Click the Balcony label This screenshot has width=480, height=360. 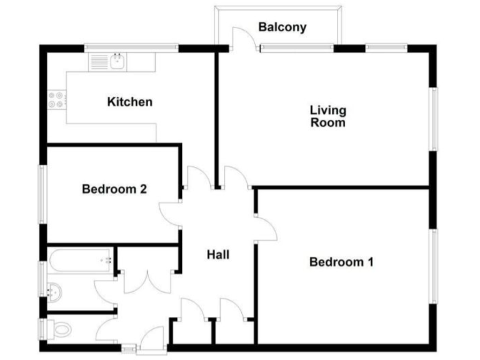point(282,27)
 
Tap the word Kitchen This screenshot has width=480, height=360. point(129,102)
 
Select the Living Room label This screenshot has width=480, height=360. point(328,117)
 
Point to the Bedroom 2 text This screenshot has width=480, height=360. point(114,189)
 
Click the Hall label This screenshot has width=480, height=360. point(218,254)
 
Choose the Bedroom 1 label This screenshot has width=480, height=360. point(341,262)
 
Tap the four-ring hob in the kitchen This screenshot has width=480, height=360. point(56,99)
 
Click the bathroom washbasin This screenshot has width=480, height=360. point(55,289)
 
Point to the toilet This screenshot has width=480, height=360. point(60,327)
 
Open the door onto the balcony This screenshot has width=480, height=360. point(244,39)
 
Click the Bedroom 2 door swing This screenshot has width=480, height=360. point(169,216)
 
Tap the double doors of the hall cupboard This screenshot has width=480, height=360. point(146,281)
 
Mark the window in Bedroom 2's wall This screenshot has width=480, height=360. point(42,194)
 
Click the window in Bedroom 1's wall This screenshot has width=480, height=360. point(433,265)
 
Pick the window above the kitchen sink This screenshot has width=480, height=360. point(131,47)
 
